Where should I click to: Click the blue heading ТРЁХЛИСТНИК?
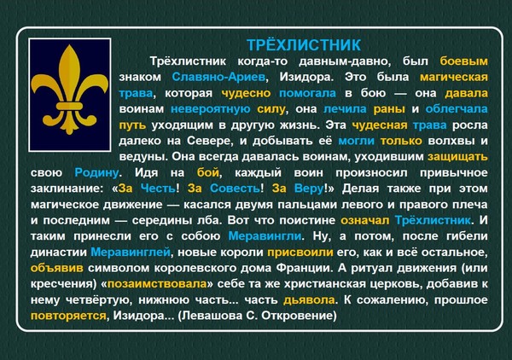[303, 45]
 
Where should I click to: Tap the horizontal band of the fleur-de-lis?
[70, 107]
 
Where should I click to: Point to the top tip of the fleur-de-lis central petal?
[70, 45]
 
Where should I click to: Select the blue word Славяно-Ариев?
[218, 77]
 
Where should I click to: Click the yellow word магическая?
[454, 77]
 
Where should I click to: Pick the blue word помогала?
[307, 93]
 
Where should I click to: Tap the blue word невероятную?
[211, 109]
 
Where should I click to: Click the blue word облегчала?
[457, 109]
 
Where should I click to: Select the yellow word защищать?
[457, 157]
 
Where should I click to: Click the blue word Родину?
[96, 173]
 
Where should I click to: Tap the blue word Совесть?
[235, 189]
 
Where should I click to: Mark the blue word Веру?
[309, 189]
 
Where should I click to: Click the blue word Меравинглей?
[131, 253]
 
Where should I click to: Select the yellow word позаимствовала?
[157, 284]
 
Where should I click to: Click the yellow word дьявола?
[309, 300]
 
